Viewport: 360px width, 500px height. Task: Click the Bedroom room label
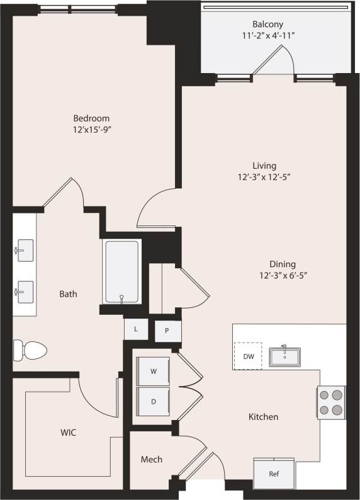(x=91, y=118)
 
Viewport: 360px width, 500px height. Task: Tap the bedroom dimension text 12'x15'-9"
(x=91, y=130)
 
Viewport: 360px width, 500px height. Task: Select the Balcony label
(x=268, y=24)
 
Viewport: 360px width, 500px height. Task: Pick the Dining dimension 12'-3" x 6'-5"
(x=283, y=275)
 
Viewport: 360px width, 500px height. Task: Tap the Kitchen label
(x=263, y=417)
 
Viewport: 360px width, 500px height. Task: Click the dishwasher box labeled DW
(x=249, y=356)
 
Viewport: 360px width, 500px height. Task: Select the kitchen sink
(x=285, y=356)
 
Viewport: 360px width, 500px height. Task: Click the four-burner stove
(x=331, y=402)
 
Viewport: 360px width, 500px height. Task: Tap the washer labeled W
(x=153, y=372)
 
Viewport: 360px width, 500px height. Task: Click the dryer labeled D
(x=153, y=401)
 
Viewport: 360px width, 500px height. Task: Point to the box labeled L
(x=135, y=328)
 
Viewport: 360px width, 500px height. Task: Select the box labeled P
(x=167, y=330)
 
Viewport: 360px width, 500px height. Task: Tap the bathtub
(x=121, y=272)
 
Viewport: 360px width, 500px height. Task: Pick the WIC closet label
(x=69, y=433)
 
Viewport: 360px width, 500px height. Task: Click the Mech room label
(x=151, y=460)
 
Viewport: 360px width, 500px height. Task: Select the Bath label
(x=68, y=293)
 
